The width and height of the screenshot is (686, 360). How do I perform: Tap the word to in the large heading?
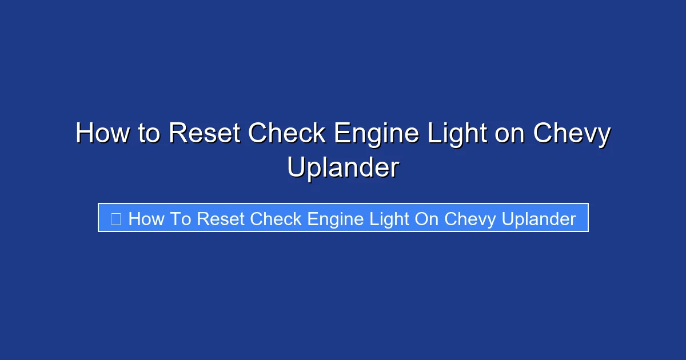tap(149, 134)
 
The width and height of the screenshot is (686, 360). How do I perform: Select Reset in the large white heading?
tap(204, 134)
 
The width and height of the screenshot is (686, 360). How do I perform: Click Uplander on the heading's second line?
tap(343, 168)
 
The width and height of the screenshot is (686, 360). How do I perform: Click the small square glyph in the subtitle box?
tap(115, 218)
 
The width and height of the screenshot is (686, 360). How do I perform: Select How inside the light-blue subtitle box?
tap(146, 219)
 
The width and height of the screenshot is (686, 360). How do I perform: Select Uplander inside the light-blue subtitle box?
tap(539, 219)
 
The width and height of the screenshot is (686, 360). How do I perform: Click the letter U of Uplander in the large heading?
tap(297, 168)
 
